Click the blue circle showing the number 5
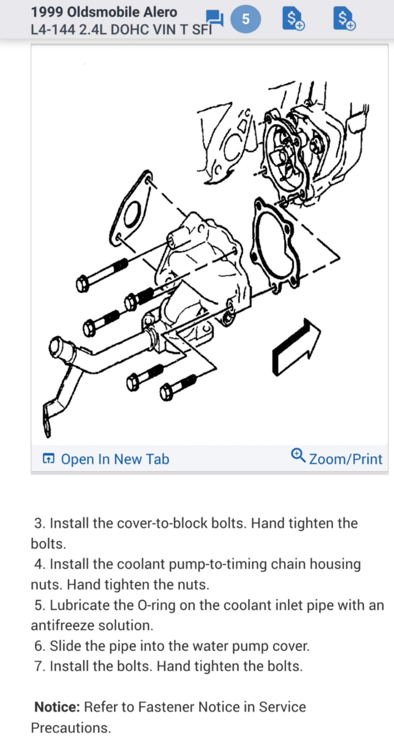(245, 19)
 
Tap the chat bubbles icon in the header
(215, 18)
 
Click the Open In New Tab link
(115, 459)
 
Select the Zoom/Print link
(345, 459)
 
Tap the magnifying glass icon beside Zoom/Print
(298, 455)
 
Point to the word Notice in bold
(57, 707)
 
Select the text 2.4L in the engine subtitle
(93, 30)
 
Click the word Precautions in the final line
(71, 728)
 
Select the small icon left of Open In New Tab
(49, 459)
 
